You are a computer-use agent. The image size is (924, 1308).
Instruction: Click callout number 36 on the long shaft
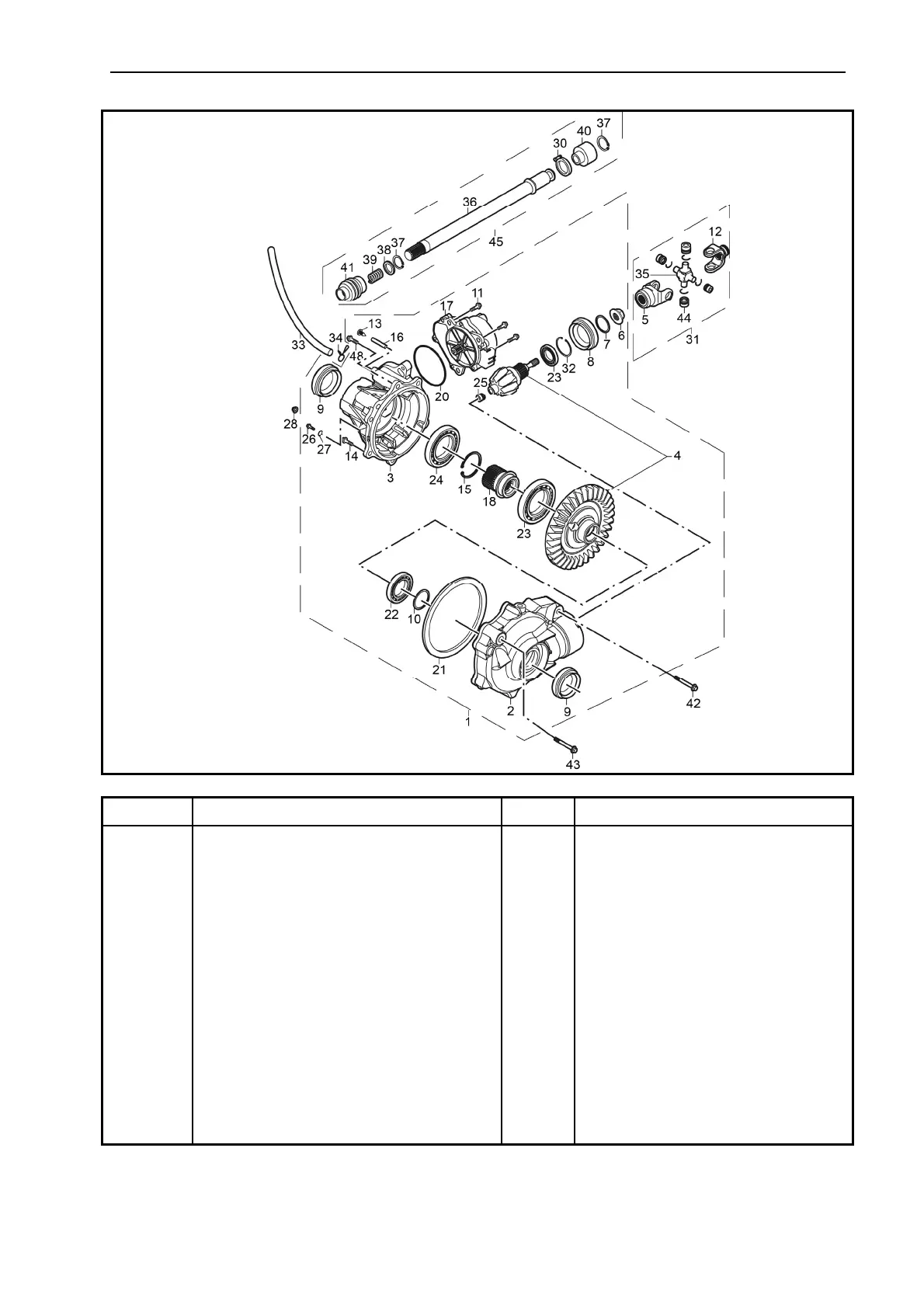(470, 202)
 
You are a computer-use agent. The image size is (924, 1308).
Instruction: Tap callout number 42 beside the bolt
(693, 703)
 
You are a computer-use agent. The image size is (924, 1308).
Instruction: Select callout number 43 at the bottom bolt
(572, 764)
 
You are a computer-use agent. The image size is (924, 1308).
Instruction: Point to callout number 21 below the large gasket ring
(439, 669)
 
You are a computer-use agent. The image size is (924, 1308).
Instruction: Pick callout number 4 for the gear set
(677, 456)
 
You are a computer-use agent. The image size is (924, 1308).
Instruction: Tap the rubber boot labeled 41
(349, 290)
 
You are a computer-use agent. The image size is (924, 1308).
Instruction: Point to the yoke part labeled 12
(716, 252)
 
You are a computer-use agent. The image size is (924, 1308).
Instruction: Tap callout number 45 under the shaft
(495, 241)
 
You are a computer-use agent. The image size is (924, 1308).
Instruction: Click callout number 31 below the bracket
(691, 339)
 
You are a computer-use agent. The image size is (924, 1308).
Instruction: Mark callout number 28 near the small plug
(290, 423)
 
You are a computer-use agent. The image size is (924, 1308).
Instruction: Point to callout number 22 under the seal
(391, 614)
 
